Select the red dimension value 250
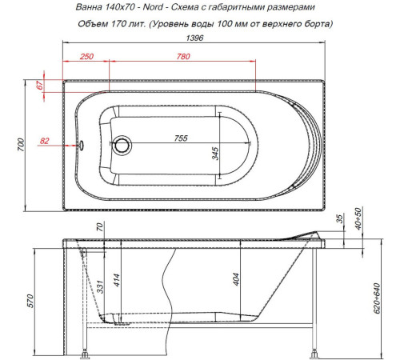click(87, 57)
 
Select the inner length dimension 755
click(182, 138)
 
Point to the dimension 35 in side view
click(339, 218)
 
